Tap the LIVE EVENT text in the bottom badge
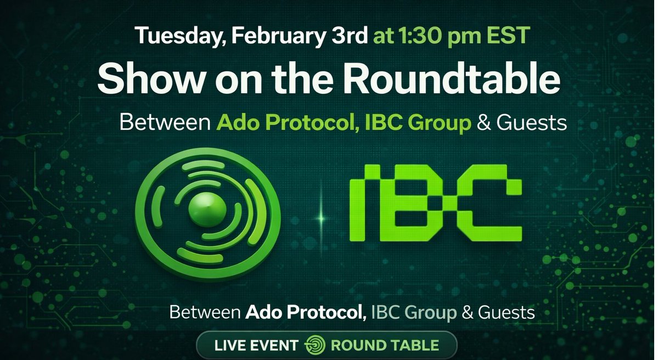256,346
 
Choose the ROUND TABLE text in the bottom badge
384,346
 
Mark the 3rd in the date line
350,36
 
